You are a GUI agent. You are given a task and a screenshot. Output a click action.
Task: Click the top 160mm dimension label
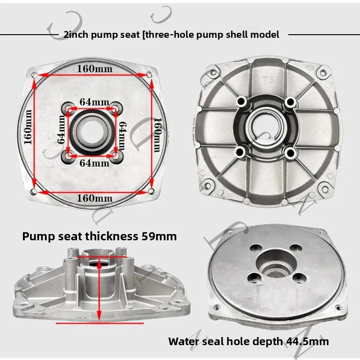click(94, 69)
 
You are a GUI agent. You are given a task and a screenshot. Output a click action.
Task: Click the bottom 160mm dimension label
click(94, 198)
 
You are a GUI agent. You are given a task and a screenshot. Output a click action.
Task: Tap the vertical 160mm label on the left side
click(28, 127)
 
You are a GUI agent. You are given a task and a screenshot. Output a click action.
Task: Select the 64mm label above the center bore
click(94, 102)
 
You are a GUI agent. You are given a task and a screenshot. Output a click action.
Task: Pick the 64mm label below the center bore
click(94, 163)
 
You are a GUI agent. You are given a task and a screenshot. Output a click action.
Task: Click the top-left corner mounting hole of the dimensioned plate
click(34, 75)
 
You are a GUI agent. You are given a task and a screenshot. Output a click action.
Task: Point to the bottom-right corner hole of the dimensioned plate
click(151, 191)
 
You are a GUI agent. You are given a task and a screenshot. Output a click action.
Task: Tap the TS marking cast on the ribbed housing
click(269, 80)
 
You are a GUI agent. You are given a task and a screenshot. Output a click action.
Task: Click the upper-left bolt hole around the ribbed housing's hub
click(242, 101)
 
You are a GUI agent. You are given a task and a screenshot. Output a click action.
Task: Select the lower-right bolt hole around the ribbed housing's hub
click(291, 152)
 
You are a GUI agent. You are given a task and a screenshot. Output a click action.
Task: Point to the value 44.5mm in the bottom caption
click(307, 342)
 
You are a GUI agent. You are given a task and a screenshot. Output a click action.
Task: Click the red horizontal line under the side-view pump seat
click(100, 323)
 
